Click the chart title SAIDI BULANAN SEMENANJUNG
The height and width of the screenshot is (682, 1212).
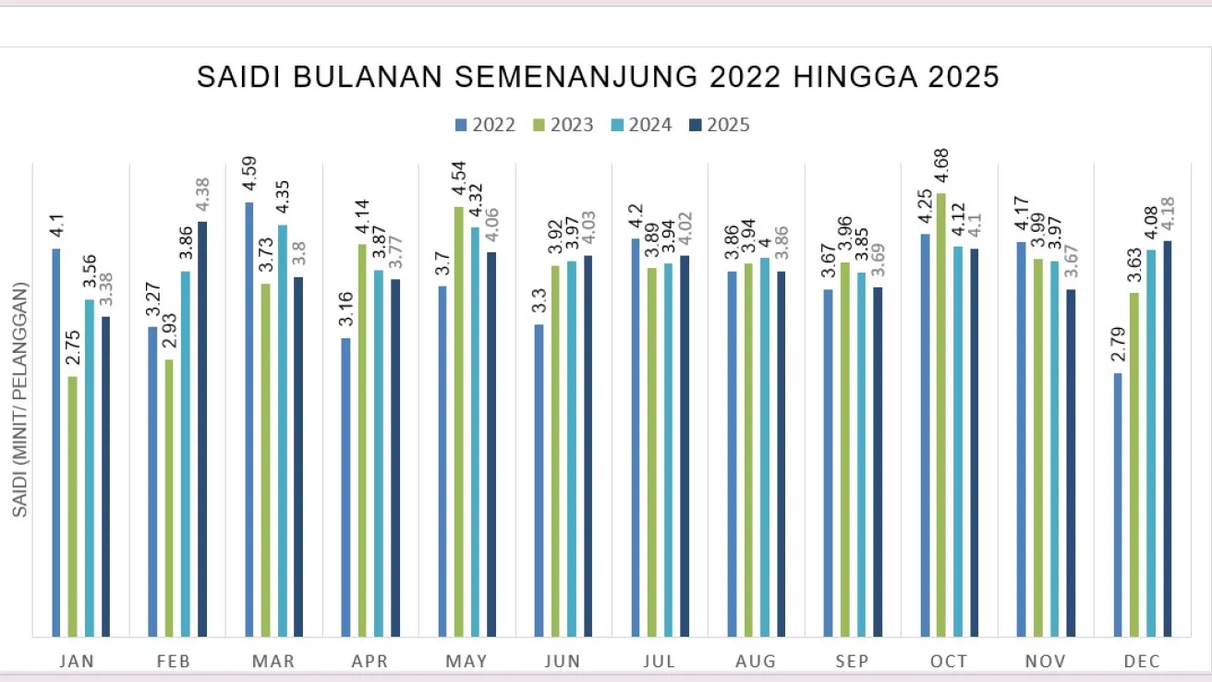598,78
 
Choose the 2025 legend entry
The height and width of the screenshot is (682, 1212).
720,125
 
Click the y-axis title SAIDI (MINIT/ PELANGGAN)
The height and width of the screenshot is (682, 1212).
20,399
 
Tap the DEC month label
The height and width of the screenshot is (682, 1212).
1142,661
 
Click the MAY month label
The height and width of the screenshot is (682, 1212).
467,661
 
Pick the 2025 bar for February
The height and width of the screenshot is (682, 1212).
202,429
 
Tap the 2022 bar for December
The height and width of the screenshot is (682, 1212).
1118,505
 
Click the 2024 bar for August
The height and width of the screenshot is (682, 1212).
765,447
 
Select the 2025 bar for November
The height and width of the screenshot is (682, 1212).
1071,462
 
